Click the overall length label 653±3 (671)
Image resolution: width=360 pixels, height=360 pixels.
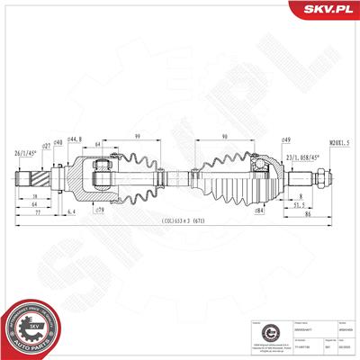[180, 221]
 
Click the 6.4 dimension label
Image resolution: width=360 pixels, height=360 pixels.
[70, 211]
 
